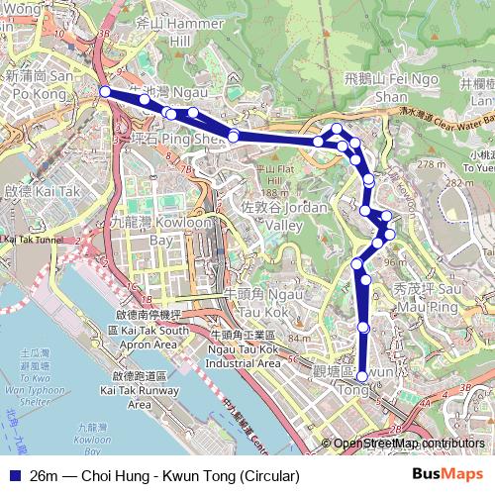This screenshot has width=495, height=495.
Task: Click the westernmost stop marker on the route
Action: (x=105, y=91)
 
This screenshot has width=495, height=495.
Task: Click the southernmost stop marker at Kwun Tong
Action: (x=363, y=376)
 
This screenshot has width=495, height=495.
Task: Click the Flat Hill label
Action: (x=269, y=175)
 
